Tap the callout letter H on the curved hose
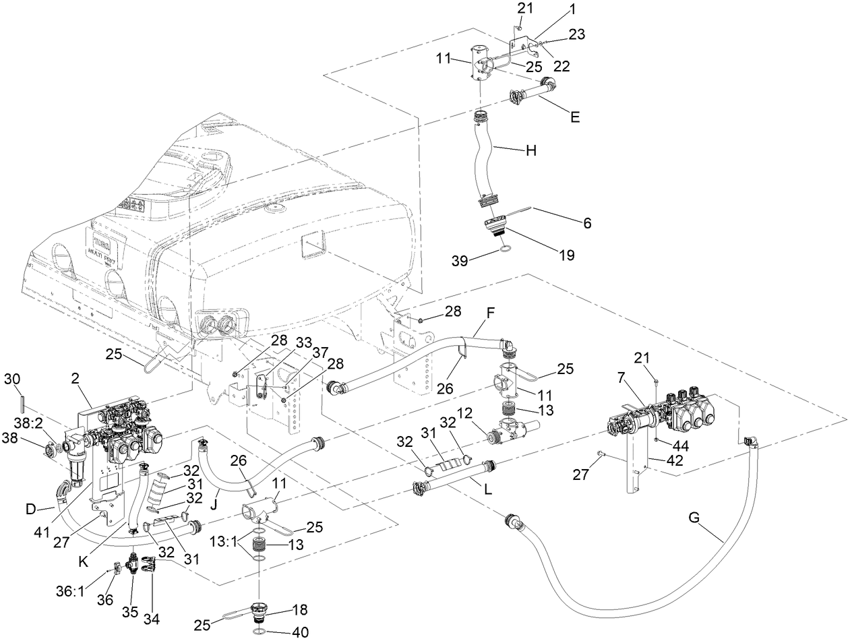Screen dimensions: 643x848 coord(532,152)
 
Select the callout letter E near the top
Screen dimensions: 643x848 coord(574,117)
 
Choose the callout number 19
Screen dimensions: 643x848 coord(567,255)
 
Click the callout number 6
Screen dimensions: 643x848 coord(587,223)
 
